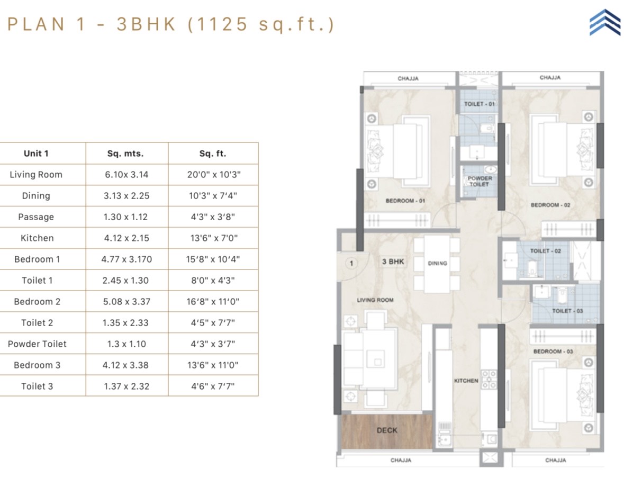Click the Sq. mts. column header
(x=125, y=154)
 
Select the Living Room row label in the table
(x=36, y=175)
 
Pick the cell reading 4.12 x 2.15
(x=126, y=238)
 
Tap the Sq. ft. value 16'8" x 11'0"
(x=213, y=302)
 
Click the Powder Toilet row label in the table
(x=37, y=344)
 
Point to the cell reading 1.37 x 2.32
(x=126, y=386)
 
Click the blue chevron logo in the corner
(x=604, y=22)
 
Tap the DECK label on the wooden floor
(x=387, y=430)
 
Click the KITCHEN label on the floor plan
(x=466, y=381)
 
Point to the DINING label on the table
(x=437, y=263)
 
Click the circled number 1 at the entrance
(x=351, y=263)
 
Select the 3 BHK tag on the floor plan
(x=393, y=262)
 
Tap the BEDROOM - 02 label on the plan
(x=550, y=205)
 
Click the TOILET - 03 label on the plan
(x=567, y=311)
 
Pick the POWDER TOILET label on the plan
(x=480, y=182)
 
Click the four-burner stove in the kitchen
(x=489, y=380)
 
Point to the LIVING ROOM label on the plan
(x=375, y=300)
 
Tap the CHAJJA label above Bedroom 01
(x=408, y=78)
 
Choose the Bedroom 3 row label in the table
(x=37, y=365)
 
